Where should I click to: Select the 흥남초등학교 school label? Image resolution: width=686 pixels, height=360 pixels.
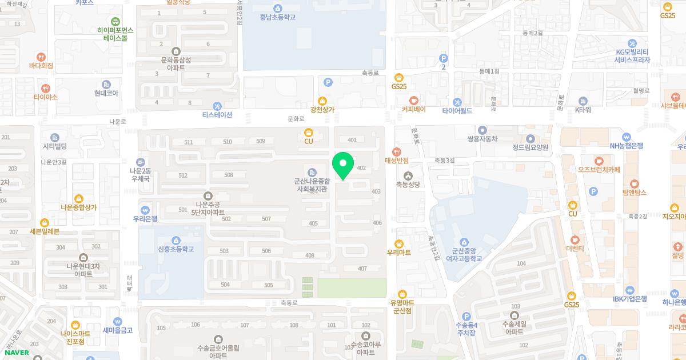tap(277, 17)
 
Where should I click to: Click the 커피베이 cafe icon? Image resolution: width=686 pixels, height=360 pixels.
tap(413, 99)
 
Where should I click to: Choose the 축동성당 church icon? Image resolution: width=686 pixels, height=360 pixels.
tap(408, 175)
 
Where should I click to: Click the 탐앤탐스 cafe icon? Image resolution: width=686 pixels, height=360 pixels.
tap(634, 183)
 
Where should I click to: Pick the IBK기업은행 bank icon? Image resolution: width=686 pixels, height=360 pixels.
tap(629, 290)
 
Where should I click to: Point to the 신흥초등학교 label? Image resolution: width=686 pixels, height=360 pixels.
tap(176, 249)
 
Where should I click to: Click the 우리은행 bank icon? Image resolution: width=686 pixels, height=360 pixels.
tap(145, 210)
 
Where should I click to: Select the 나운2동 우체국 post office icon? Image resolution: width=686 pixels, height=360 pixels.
tap(140, 162)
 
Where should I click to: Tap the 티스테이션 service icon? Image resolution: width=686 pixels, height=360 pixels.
tap(217, 106)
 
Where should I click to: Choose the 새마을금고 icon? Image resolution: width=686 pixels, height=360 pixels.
tap(117, 321)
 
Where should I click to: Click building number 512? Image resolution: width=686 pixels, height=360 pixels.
tap(183, 175)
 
